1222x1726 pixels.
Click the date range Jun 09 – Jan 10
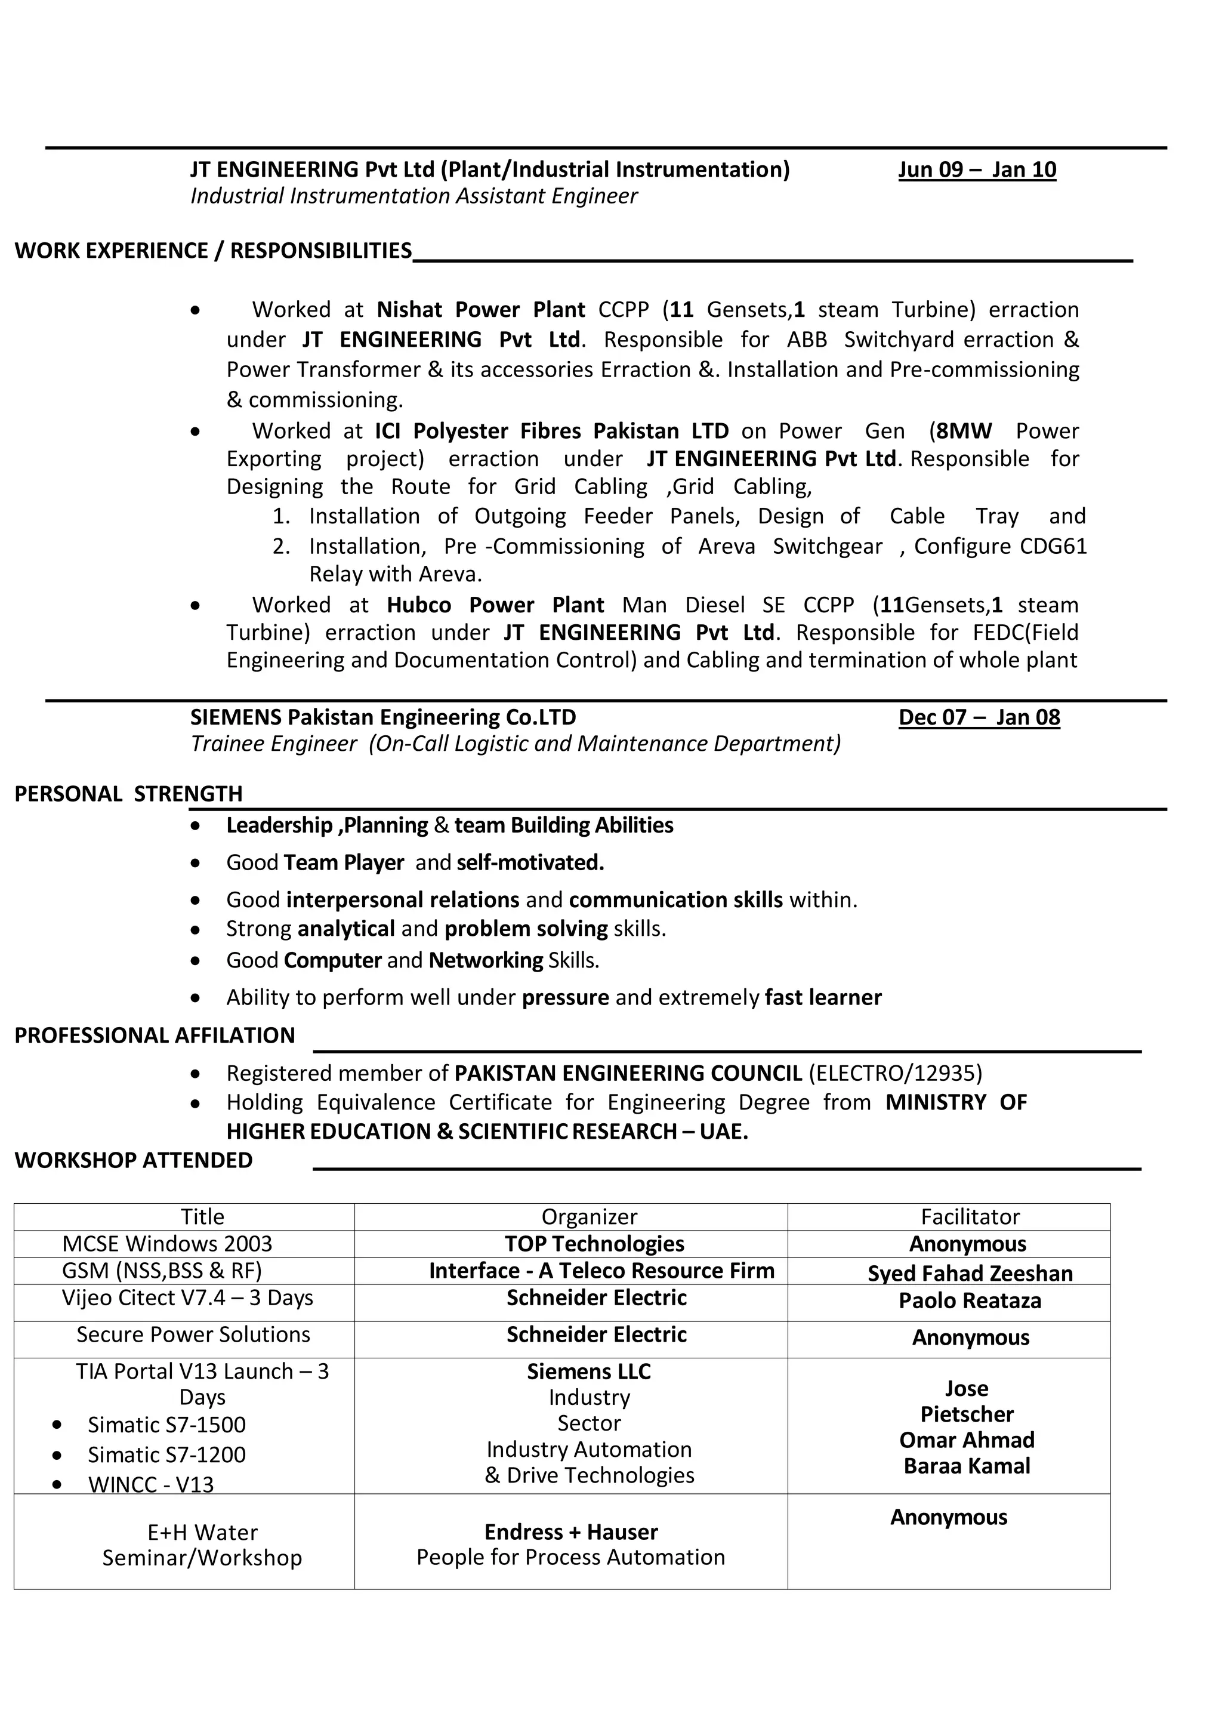pos(977,169)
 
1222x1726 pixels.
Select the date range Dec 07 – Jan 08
pos(979,717)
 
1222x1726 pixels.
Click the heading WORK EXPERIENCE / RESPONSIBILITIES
pos(213,251)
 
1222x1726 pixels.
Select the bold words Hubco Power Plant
pos(495,605)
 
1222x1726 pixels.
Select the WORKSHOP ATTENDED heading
pos(133,1160)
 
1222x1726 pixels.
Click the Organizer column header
pos(588,1216)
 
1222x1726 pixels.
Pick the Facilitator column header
pos(970,1216)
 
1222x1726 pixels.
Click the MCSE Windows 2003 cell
pos(167,1244)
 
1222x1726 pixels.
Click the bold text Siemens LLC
pos(588,1371)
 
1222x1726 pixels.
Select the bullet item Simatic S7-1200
pos(166,1454)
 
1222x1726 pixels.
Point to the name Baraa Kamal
pos(966,1466)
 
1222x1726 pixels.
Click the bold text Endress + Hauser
pos(570,1532)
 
